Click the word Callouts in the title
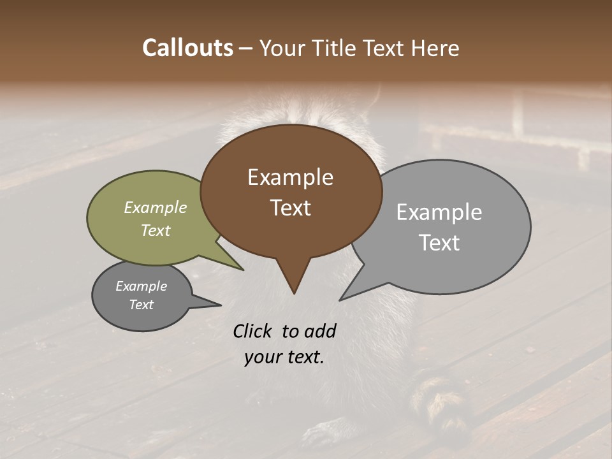tap(187, 48)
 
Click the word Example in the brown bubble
tap(290, 177)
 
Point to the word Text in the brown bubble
tap(290, 208)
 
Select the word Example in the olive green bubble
tap(156, 207)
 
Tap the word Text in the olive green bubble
tap(156, 230)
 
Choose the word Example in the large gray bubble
tap(439, 212)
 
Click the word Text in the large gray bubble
tap(439, 243)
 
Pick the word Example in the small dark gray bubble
tap(141, 286)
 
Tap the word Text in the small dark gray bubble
tap(141, 305)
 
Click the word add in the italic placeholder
tap(320, 331)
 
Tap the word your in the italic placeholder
tap(262, 357)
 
